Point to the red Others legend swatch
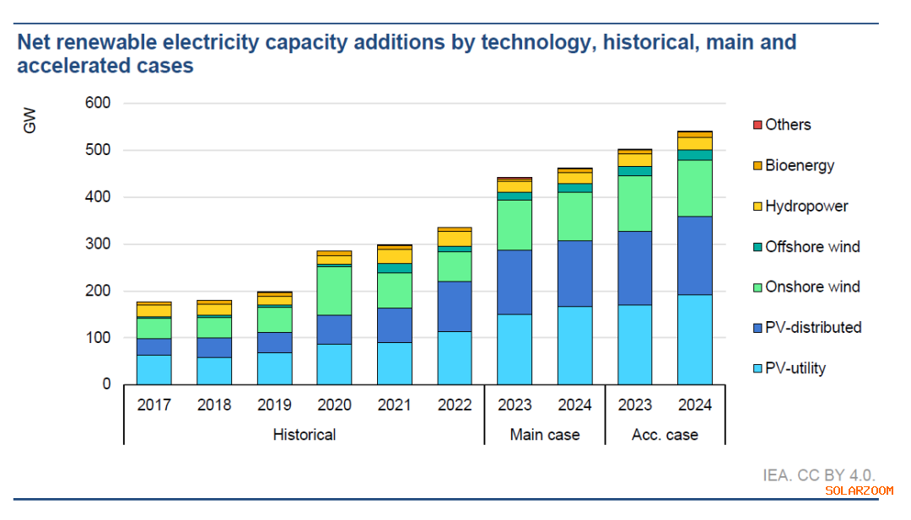click(x=757, y=125)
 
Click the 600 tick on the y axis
click(x=99, y=104)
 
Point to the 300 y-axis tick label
click(x=99, y=244)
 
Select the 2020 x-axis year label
click(x=334, y=405)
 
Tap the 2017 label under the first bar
click(x=154, y=405)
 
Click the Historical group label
click(x=304, y=435)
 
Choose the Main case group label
click(x=545, y=435)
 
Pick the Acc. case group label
click(x=665, y=435)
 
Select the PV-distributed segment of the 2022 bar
click(x=455, y=306)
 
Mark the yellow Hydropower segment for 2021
click(x=395, y=256)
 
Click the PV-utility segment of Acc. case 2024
click(x=695, y=340)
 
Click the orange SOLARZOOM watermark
click(x=859, y=491)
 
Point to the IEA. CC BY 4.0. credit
click(x=819, y=475)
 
